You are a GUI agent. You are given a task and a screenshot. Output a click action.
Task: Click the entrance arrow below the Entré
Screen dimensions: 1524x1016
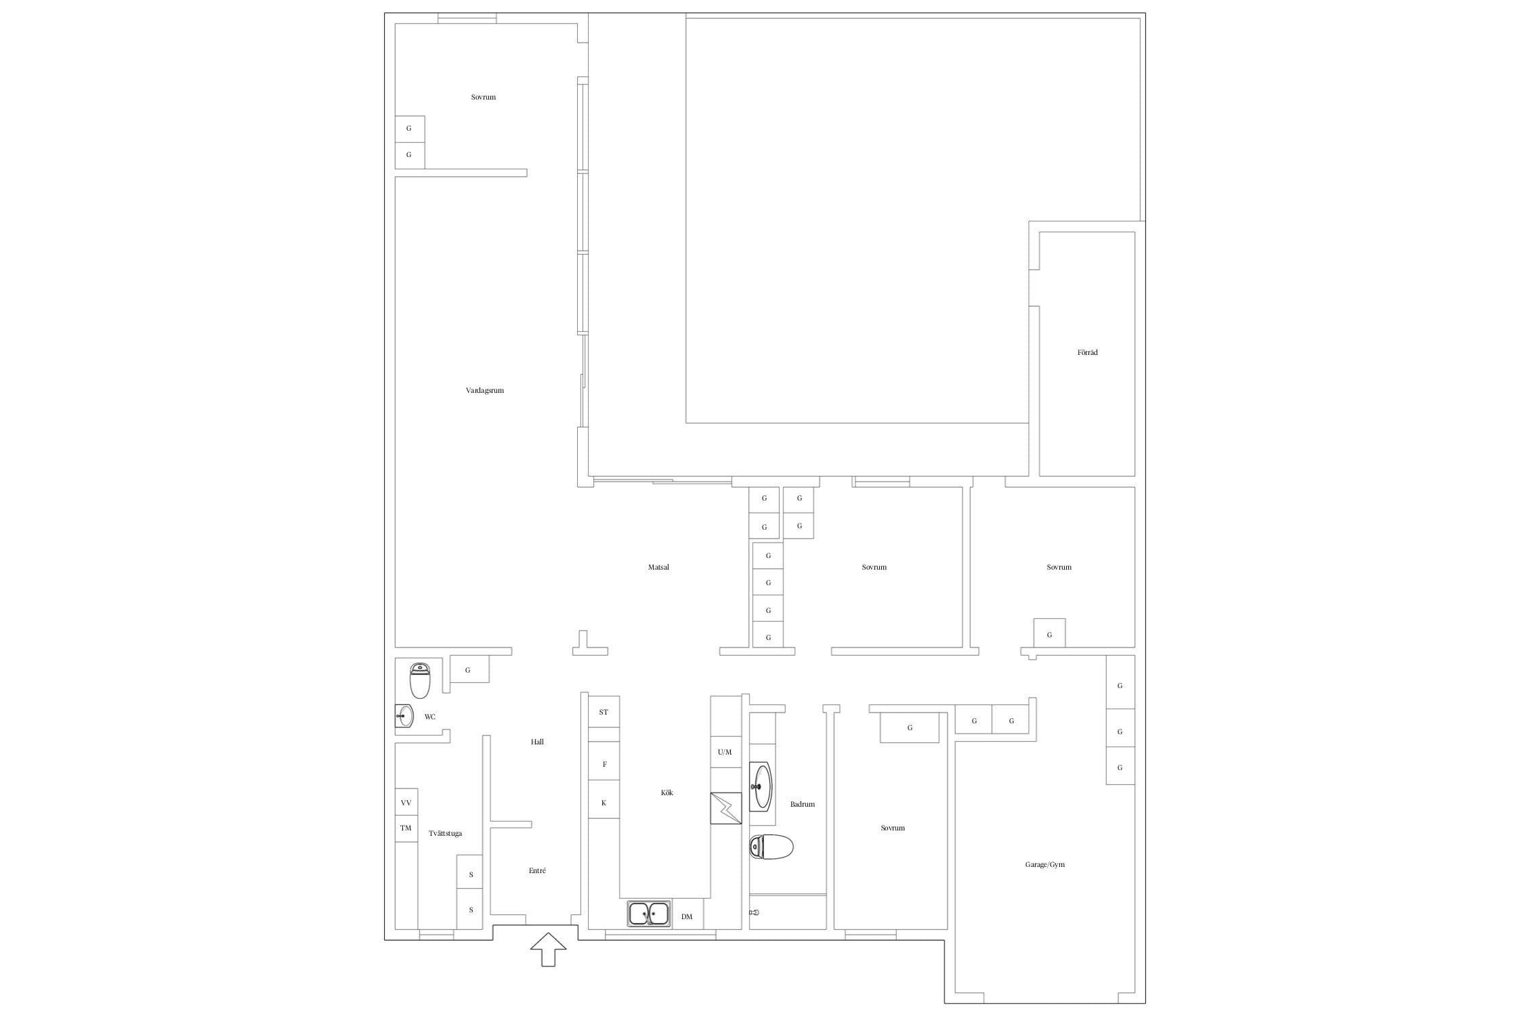pos(548,949)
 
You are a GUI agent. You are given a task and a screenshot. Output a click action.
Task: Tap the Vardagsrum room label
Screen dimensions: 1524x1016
pos(485,391)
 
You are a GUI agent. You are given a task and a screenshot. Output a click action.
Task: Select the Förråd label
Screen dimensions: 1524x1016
pos(1088,352)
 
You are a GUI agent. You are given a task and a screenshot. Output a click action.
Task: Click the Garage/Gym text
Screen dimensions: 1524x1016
pos(1045,865)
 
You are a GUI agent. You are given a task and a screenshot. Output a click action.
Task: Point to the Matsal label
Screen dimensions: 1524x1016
pos(658,567)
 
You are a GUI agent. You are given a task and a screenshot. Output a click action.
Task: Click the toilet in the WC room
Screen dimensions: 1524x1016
pos(420,680)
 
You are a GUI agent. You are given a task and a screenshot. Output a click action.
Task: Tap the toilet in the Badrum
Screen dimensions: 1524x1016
pos(771,847)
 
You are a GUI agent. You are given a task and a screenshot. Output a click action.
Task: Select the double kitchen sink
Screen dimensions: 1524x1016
pos(649,914)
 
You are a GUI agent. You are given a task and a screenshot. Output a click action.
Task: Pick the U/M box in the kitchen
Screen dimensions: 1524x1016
pos(725,752)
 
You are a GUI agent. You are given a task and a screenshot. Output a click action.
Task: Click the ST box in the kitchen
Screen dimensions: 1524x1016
pos(604,712)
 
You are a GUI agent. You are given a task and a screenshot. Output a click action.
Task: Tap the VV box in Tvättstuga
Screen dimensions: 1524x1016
pos(406,803)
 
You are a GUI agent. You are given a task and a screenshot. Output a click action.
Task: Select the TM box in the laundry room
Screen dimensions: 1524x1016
pos(406,828)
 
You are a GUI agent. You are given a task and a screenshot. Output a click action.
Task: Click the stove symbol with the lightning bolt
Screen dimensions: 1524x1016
pos(726,808)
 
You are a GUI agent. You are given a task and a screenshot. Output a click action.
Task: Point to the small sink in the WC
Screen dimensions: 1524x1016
pos(404,716)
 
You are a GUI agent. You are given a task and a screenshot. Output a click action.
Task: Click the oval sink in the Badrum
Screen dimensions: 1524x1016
pos(760,786)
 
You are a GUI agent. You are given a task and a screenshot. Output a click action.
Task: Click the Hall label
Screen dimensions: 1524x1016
pos(537,742)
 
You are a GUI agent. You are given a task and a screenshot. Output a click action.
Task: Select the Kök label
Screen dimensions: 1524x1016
pos(667,792)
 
